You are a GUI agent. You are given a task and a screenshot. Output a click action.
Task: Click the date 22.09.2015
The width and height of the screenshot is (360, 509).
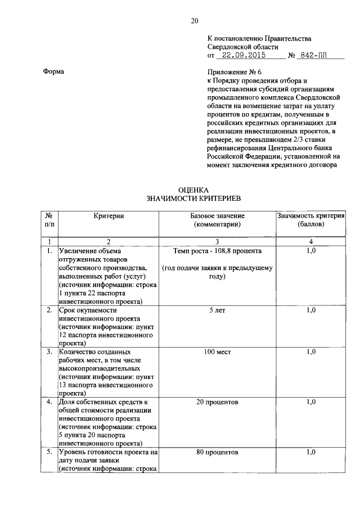pyautogui.click(x=242, y=56)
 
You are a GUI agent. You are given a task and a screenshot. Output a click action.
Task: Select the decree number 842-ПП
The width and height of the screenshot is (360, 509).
pyautogui.click(x=314, y=56)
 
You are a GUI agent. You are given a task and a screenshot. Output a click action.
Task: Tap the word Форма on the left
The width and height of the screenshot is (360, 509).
pyautogui.click(x=54, y=71)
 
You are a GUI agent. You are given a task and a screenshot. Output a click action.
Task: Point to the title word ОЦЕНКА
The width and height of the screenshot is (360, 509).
pyautogui.click(x=193, y=190)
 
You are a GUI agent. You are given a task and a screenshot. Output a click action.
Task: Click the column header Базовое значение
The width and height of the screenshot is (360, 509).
pyautogui.click(x=217, y=216)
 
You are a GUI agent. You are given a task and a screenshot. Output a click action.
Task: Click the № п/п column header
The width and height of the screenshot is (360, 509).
pyautogui.click(x=49, y=220)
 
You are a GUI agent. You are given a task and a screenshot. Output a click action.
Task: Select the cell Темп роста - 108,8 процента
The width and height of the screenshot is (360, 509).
pyautogui.click(x=217, y=250)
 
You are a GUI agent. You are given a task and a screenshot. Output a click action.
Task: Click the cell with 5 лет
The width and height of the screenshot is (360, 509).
pyautogui.click(x=217, y=310)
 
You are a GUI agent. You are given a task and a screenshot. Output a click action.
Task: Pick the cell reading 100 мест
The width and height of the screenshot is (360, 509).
pyautogui.click(x=217, y=352)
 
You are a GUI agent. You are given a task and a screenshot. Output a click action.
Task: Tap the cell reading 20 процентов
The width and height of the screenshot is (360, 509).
pyautogui.click(x=217, y=402)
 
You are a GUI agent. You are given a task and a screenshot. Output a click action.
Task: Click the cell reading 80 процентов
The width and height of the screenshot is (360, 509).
pyautogui.click(x=217, y=452)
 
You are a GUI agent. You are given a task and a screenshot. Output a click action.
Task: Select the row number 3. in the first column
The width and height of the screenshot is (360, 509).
pyautogui.click(x=49, y=352)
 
